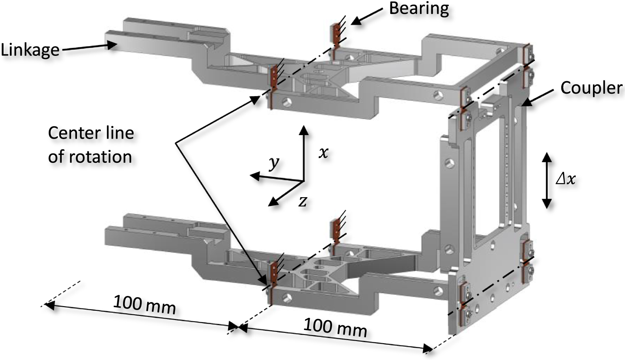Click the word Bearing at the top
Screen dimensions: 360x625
tap(419, 9)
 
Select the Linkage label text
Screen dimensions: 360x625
tap(30, 50)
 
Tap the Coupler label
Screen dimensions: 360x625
tap(591, 88)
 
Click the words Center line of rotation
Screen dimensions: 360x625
tap(91, 145)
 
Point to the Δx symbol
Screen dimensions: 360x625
tap(566, 179)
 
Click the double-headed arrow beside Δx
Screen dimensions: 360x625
tap(546, 180)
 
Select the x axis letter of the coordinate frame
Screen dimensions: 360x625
tap(323, 153)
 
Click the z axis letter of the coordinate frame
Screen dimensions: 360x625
tap(302, 201)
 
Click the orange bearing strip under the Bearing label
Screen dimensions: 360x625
tap(335, 33)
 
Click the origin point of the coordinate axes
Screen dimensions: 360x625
tap(304, 181)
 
